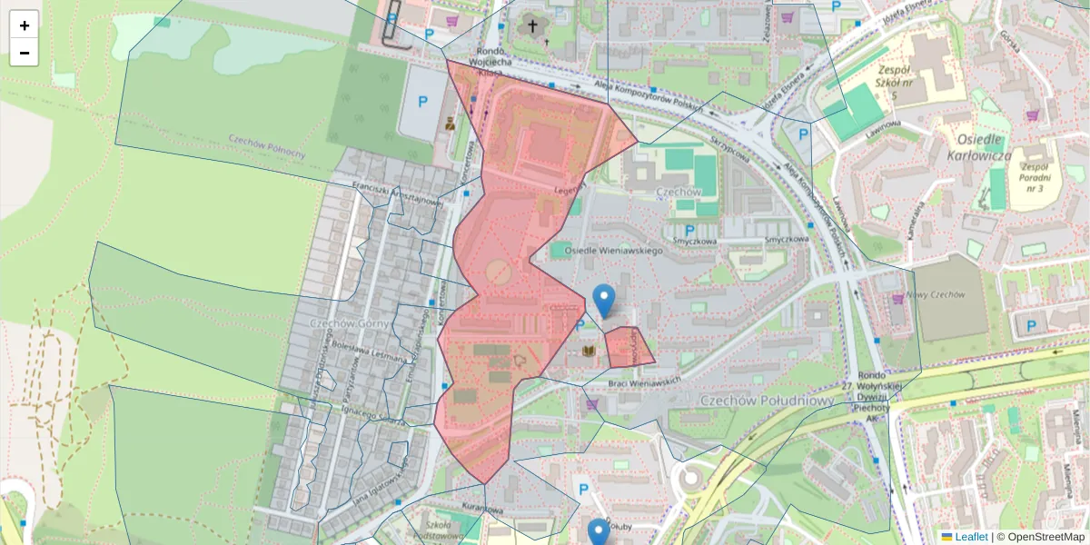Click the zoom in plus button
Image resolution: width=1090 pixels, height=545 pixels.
pyautogui.click(x=25, y=25)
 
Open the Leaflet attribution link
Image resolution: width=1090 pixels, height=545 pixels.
pyautogui.click(x=970, y=537)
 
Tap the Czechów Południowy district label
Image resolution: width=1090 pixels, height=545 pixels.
pyautogui.click(x=767, y=401)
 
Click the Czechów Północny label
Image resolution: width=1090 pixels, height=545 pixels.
pyautogui.click(x=266, y=145)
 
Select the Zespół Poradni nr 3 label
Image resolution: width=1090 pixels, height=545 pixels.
pyautogui.click(x=1034, y=179)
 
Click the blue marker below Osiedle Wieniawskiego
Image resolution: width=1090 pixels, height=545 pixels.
pyautogui.click(x=603, y=300)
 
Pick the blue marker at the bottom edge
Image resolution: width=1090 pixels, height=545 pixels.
pyautogui.click(x=598, y=533)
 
